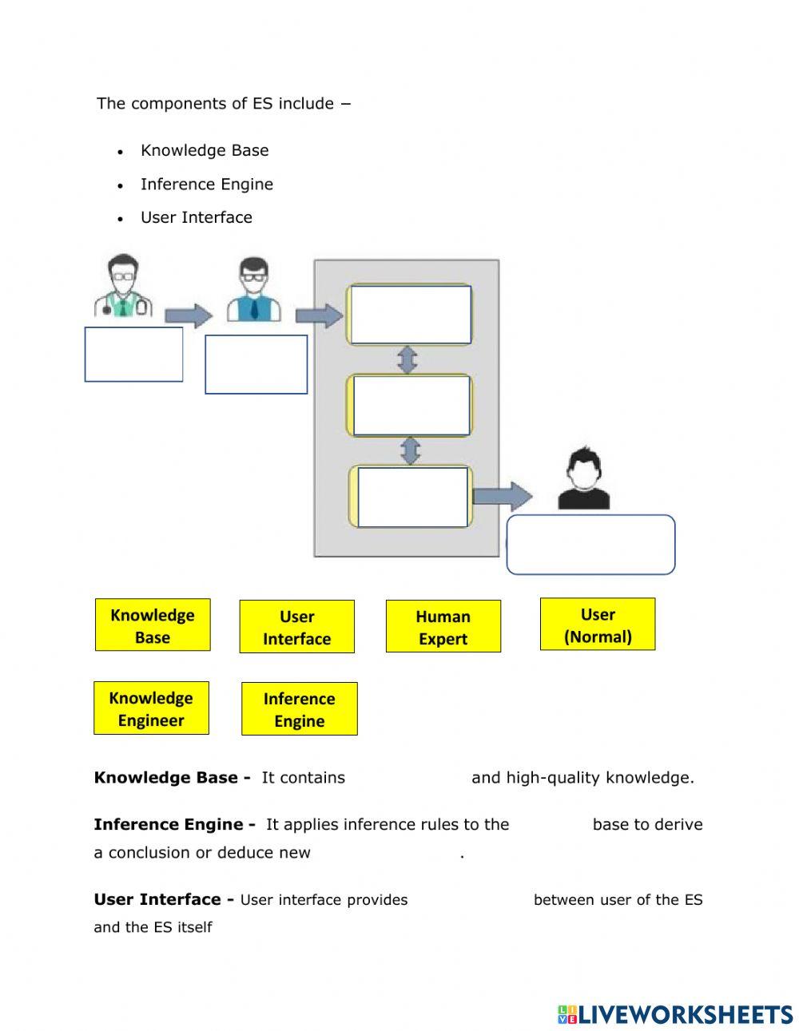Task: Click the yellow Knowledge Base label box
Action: click(x=153, y=625)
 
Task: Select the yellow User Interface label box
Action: click(x=296, y=627)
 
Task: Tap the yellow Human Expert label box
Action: click(x=443, y=627)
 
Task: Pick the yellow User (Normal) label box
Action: click(x=597, y=625)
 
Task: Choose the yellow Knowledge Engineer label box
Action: click(x=151, y=708)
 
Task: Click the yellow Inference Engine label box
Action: click(x=299, y=709)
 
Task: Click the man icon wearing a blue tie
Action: click(x=253, y=290)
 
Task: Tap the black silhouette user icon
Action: click(x=583, y=478)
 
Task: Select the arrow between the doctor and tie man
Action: click(x=189, y=315)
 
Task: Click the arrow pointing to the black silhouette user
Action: click(x=502, y=496)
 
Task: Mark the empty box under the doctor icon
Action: click(x=133, y=354)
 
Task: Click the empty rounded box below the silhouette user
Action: click(x=590, y=545)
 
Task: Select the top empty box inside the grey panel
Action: click(x=411, y=315)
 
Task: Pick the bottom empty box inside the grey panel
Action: click(x=412, y=497)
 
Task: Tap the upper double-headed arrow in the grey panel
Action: click(x=407, y=359)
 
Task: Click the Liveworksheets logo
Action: click(x=674, y=1014)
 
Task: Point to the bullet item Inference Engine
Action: click(x=206, y=184)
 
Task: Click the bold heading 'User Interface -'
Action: click(x=164, y=899)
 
